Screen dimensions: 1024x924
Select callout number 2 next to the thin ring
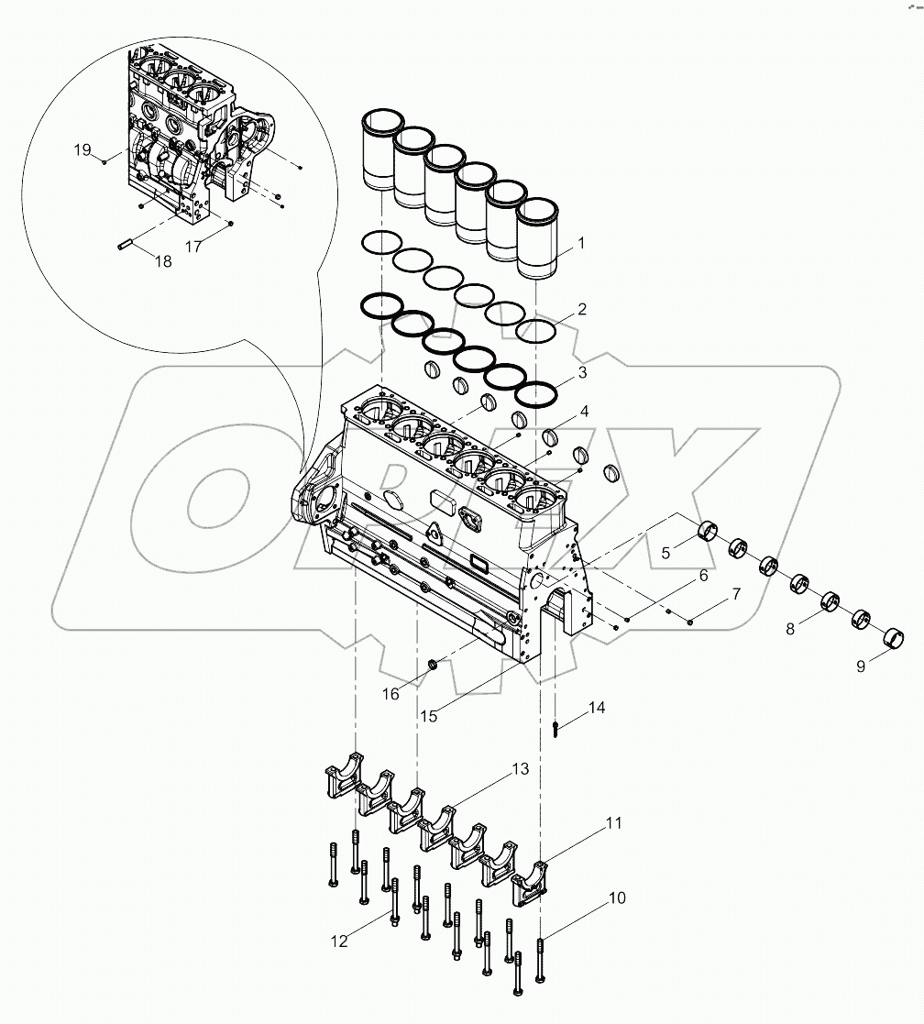[581, 310]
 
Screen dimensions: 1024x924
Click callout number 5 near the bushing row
[667, 552]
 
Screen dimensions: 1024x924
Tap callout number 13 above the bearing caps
[520, 769]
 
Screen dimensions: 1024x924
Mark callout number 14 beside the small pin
[597, 708]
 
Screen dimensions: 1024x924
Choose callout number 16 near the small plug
[390, 694]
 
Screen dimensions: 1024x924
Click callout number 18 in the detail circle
[163, 261]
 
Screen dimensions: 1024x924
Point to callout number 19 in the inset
[82, 149]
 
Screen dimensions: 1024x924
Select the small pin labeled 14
[556, 730]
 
